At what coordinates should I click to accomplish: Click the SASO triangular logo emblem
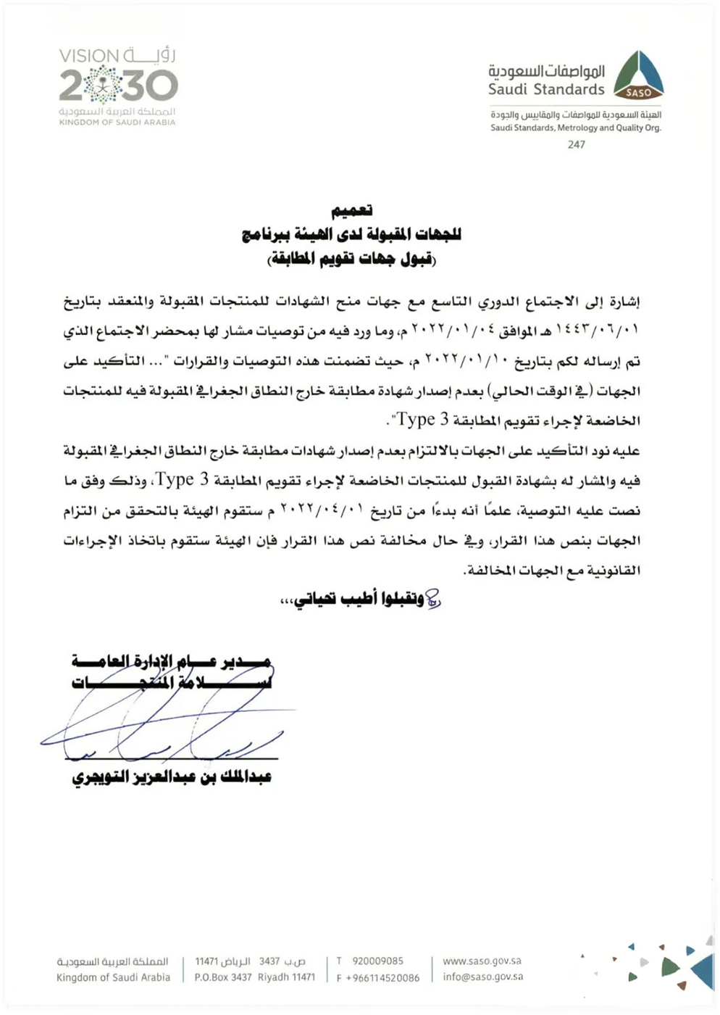[x=638, y=75]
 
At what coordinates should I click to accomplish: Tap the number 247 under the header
[x=577, y=144]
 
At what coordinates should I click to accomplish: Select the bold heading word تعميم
[x=352, y=211]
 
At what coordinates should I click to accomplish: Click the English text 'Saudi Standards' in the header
[x=546, y=90]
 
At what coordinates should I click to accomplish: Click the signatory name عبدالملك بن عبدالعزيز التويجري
[x=172, y=777]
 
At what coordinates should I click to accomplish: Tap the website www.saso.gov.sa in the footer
[x=482, y=961]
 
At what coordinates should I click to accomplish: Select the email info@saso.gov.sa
[x=482, y=977]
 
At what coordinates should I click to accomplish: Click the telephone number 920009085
[x=377, y=961]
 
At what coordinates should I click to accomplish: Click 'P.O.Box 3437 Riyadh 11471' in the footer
[x=254, y=977]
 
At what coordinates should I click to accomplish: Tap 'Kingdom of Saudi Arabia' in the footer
[x=113, y=977]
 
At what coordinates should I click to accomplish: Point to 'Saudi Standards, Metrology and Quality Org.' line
[x=576, y=128]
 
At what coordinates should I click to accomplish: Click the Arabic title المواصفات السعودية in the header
[x=546, y=71]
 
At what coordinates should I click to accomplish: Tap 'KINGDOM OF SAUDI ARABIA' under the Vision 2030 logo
[x=117, y=123]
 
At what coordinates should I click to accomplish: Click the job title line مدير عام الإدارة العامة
[x=172, y=661]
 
